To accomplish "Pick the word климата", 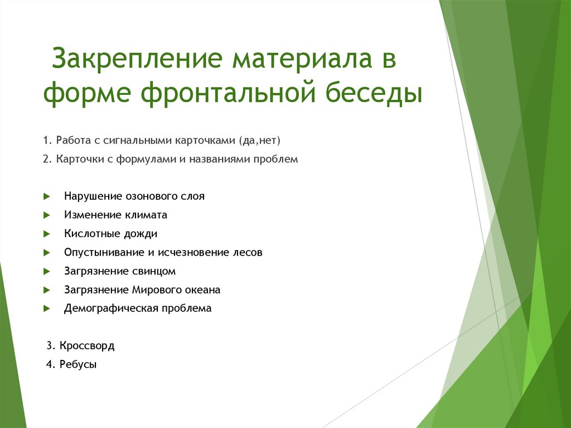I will point(146,215).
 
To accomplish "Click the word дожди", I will point(140,234).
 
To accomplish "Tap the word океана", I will point(202,290).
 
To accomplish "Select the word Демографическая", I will point(111,308).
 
